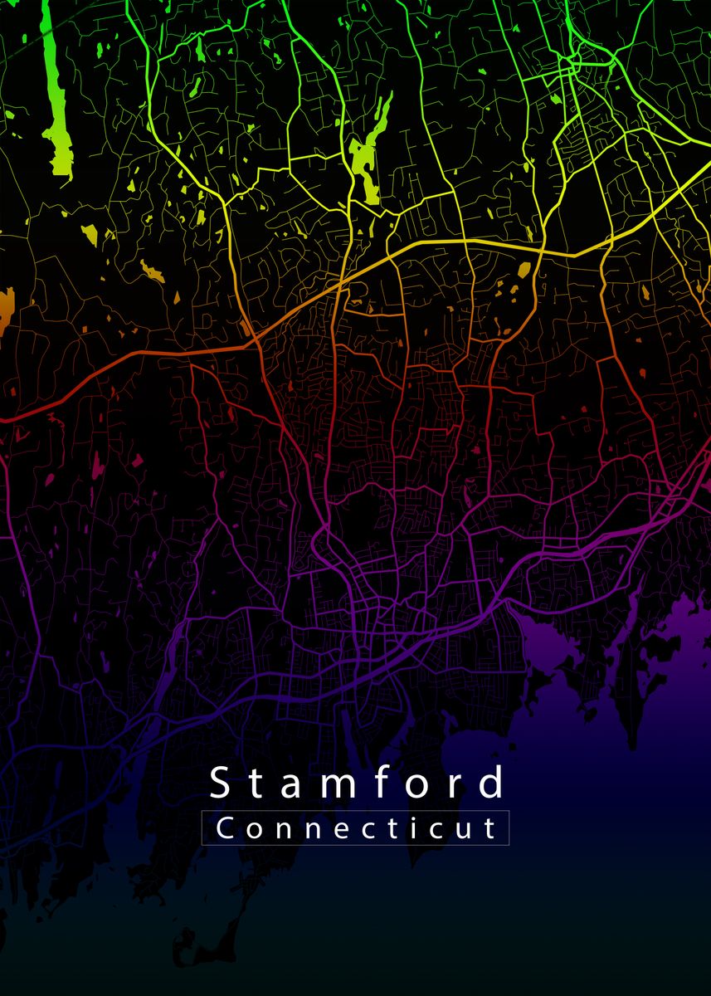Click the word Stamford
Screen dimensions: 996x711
coord(357,783)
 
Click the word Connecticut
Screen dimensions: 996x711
coord(356,828)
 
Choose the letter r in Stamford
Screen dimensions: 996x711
coord(449,787)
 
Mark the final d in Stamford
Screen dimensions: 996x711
coord(491,783)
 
